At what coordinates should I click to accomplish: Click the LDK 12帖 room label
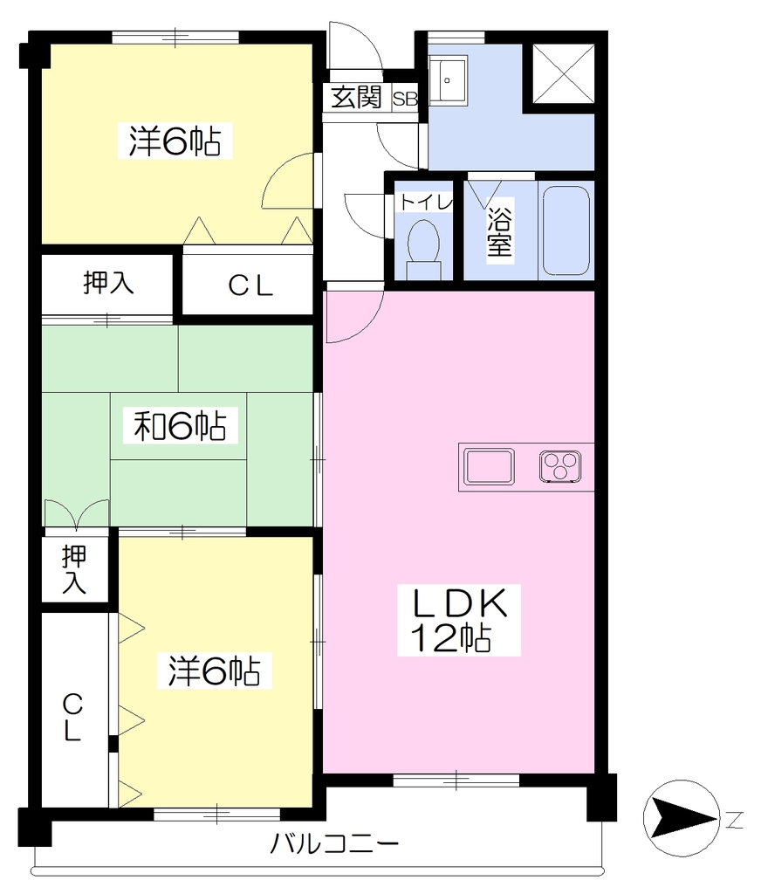(x=459, y=621)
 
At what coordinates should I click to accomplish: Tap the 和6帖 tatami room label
(x=180, y=426)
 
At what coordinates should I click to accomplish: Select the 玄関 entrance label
(x=357, y=98)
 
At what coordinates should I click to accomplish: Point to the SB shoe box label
(x=405, y=99)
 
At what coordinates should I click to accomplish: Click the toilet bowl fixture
(x=424, y=250)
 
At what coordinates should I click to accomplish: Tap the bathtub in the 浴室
(x=566, y=230)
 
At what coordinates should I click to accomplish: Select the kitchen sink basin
(x=489, y=466)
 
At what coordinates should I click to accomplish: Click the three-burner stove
(x=561, y=466)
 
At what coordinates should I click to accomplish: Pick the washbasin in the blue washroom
(x=448, y=80)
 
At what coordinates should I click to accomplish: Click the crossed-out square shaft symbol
(x=563, y=74)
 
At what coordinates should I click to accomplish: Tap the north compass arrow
(x=682, y=817)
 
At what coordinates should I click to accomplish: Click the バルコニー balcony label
(x=334, y=842)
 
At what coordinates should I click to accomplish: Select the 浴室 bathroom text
(x=499, y=231)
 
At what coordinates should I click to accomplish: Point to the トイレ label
(x=426, y=203)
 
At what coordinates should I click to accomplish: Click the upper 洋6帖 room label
(x=175, y=141)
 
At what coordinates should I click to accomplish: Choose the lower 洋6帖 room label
(x=215, y=671)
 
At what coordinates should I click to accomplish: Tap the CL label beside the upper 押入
(x=250, y=286)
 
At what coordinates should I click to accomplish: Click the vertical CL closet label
(x=72, y=717)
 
